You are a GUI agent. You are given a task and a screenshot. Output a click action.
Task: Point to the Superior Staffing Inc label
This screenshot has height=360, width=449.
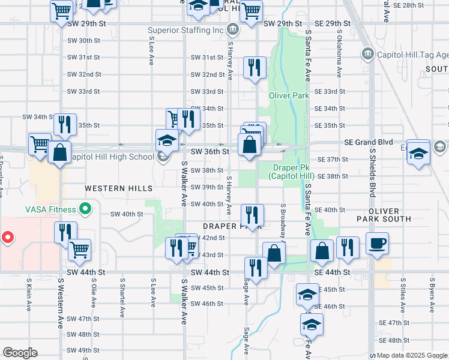point(187,30)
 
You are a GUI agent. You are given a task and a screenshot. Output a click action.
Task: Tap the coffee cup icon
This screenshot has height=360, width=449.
point(377,244)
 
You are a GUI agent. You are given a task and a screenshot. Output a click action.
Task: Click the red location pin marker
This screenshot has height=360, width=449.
point(8,237)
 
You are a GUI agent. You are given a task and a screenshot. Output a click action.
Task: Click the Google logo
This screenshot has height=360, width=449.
point(20,353)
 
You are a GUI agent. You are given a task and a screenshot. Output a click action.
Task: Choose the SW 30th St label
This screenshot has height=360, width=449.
point(83,40)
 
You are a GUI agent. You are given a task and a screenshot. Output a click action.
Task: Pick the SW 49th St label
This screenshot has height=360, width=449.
point(83,350)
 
